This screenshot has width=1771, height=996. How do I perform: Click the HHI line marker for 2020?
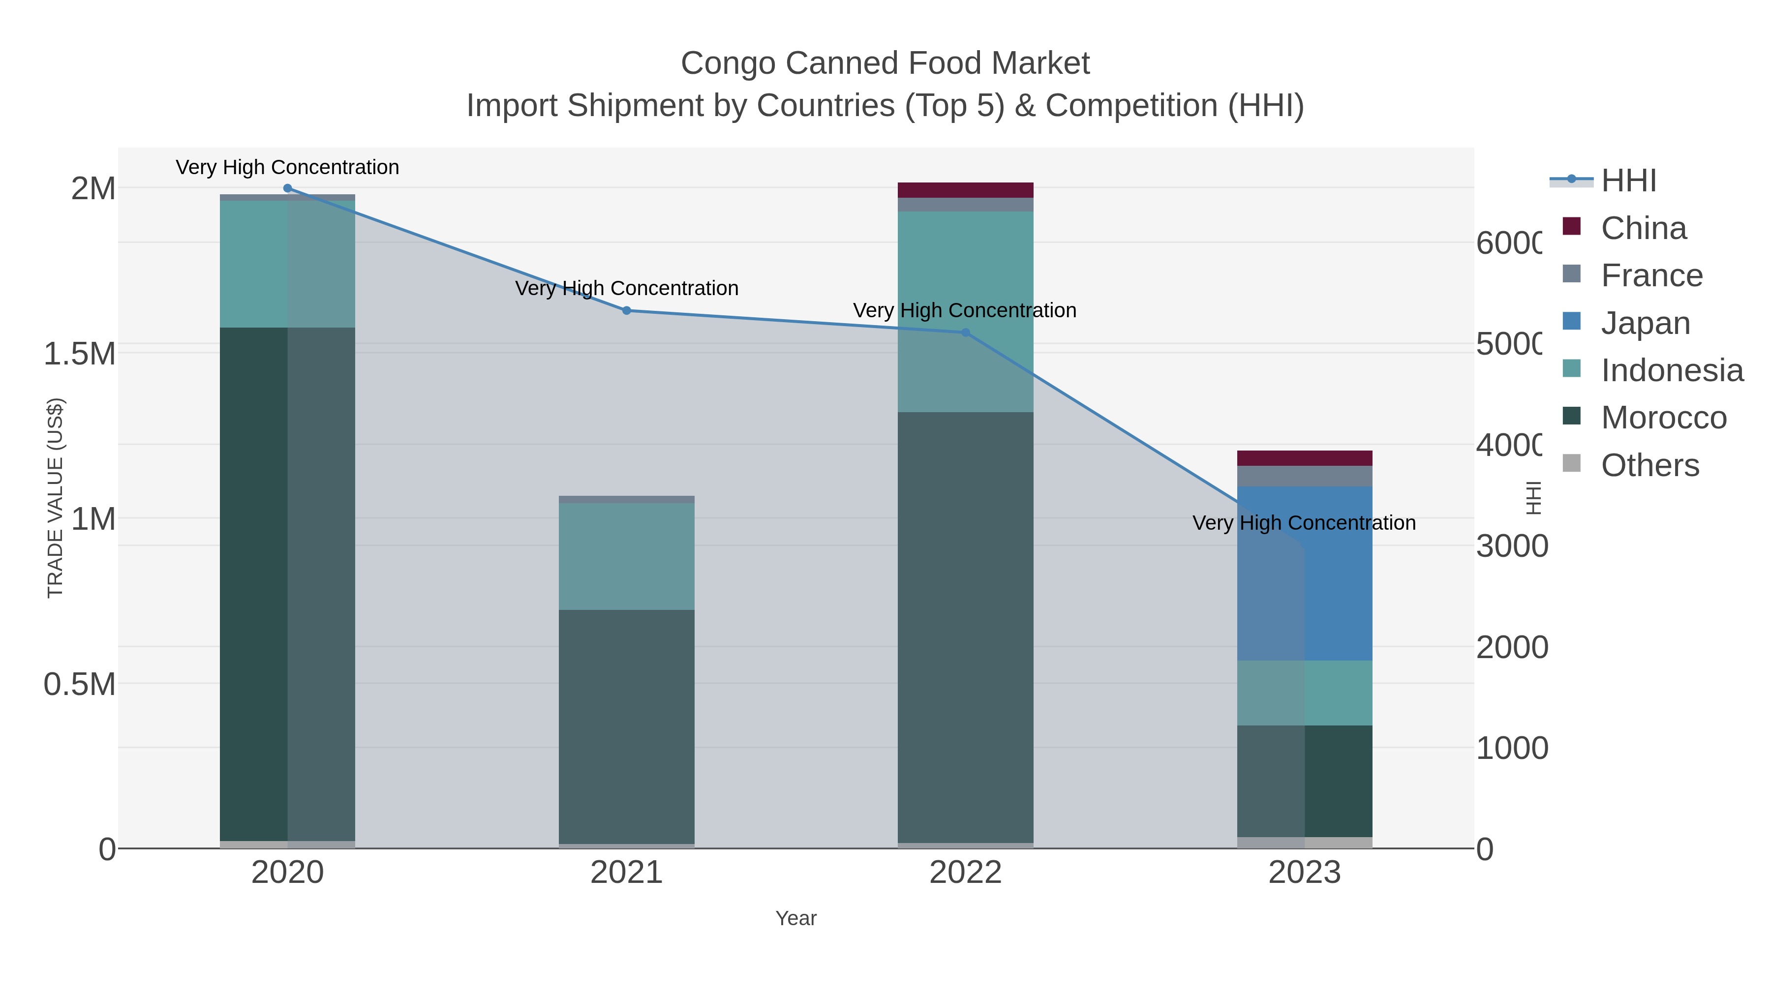pyautogui.click(x=287, y=188)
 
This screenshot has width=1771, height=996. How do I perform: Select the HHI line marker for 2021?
pyautogui.click(x=626, y=311)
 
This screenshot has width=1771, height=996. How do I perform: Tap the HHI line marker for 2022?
pyautogui.click(x=965, y=332)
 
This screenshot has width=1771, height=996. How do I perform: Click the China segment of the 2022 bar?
pyautogui.click(x=965, y=190)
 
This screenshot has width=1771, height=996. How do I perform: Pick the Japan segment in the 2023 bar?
pyautogui.click(x=1304, y=573)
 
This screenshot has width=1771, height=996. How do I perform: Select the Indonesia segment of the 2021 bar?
pyautogui.click(x=626, y=556)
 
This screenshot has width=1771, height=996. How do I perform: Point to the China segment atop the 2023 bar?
pyautogui.click(x=1304, y=458)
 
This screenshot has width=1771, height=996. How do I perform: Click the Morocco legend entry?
pyautogui.click(x=1663, y=417)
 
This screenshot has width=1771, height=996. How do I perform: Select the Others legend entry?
pyautogui.click(x=1649, y=465)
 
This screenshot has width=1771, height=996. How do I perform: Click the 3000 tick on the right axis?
pyautogui.click(x=1511, y=546)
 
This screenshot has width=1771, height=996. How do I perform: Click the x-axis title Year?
pyautogui.click(x=795, y=918)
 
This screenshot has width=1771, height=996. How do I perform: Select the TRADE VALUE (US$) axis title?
pyautogui.click(x=55, y=498)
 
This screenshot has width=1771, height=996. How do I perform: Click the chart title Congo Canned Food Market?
pyautogui.click(x=885, y=63)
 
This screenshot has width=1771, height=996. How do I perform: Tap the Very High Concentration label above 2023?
pyautogui.click(x=1304, y=523)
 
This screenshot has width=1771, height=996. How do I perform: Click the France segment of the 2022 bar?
pyautogui.click(x=965, y=205)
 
